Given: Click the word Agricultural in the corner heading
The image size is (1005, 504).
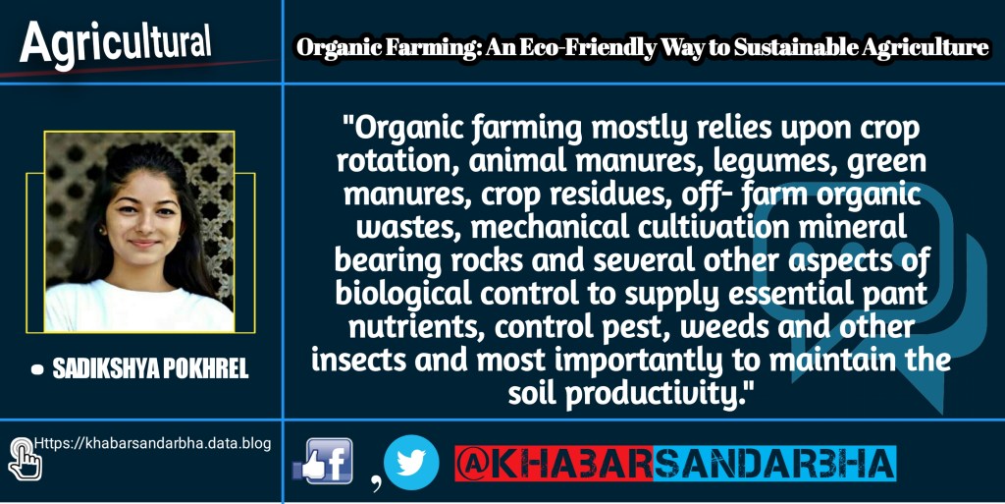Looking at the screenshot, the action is click(x=116, y=43).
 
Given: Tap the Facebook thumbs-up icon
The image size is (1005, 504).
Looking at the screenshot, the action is click(x=322, y=461).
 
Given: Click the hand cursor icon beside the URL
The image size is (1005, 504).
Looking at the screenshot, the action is click(x=25, y=459).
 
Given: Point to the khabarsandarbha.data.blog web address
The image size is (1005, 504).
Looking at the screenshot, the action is click(x=152, y=444).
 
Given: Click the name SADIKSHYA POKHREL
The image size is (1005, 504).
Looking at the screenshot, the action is click(x=150, y=370).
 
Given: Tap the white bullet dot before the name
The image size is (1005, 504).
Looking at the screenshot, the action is click(x=37, y=370).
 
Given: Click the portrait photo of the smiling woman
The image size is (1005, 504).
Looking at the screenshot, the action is click(x=139, y=232).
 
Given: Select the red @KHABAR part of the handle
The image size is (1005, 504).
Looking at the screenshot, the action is click(x=554, y=463).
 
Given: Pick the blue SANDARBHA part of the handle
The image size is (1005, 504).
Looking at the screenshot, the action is click(x=774, y=463).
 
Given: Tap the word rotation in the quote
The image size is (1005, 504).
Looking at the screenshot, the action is click(x=397, y=163).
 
